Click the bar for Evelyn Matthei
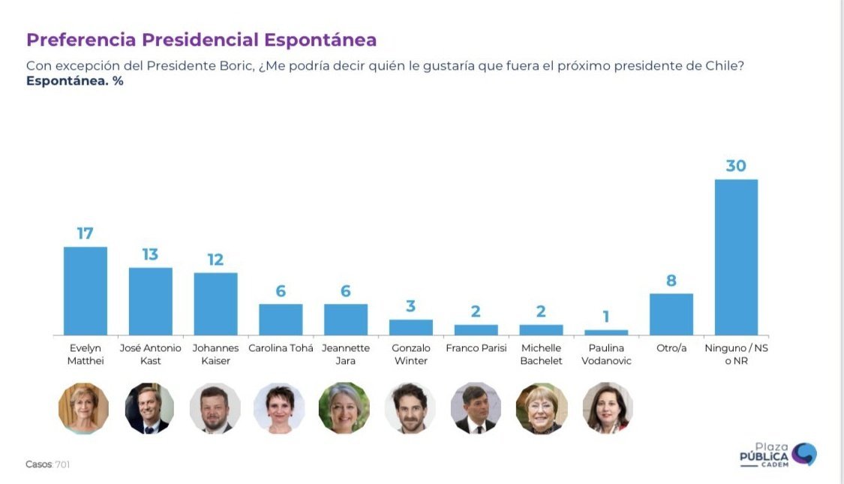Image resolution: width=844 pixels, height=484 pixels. tap(85, 290)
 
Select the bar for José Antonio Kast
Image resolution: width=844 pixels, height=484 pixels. tap(150, 301)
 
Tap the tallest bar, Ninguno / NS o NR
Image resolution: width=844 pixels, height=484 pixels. tap(735, 257)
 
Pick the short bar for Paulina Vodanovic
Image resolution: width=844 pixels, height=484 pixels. tap(606, 332)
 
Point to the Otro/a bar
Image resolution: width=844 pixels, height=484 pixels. tap(671, 314)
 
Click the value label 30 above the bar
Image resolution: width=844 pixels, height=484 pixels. tap(735, 165)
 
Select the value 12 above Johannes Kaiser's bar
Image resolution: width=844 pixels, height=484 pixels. tap(215, 260)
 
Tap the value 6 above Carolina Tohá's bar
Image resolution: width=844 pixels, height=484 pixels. tap(281, 291)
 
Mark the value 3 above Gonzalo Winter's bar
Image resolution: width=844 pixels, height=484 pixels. tap(410, 306)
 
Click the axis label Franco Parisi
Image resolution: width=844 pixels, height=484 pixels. tap(476, 348)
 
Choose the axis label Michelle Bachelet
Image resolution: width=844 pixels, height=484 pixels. tap(541, 354)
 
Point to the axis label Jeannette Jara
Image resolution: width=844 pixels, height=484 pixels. tap(345, 354)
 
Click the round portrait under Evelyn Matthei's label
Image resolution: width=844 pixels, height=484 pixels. tap(84, 408)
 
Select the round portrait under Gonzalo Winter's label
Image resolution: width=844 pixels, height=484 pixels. tap(410, 408)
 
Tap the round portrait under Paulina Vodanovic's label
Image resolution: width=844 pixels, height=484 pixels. tap(607, 408)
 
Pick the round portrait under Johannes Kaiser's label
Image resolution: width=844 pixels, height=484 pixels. tap(215, 408)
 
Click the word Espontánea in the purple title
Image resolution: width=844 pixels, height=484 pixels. tap(320, 40)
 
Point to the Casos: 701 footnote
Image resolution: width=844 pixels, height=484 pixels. tap(48, 464)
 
